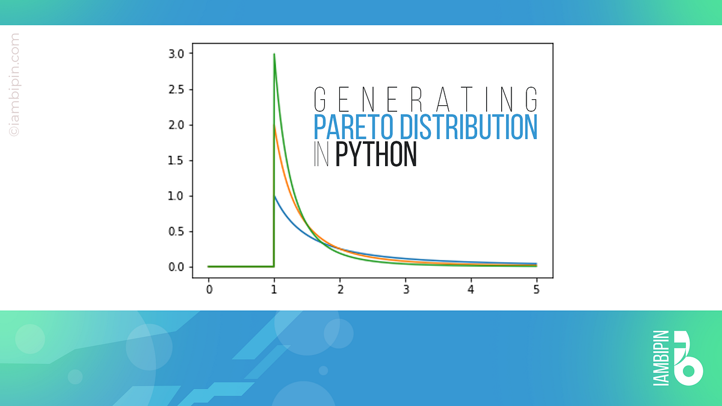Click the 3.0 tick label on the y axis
[176, 54]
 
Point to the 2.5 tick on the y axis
[176, 90]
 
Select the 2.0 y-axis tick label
[176, 125]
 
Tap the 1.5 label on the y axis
[176, 161]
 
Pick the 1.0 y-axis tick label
[176, 196]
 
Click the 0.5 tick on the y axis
[176, 232]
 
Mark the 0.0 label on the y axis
[176, 267]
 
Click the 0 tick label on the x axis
[209, 289]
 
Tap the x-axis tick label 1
[274, 289]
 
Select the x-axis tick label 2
[340, 289]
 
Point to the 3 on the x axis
[406, 289]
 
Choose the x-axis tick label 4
[471, 289]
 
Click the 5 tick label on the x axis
[536, 289]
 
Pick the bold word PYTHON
[376, 155]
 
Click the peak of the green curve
[274, 54]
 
